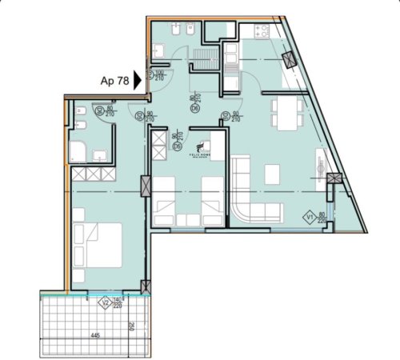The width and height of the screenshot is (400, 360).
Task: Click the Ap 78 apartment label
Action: [x=114, y=80]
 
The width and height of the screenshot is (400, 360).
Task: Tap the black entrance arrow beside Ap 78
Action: [x=138, y=80]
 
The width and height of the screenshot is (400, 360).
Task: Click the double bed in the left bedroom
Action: [x=98, y=242]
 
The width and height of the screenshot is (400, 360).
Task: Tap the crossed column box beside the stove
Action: [x=289, y=61]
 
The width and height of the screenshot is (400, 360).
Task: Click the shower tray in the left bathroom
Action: [x=81, y=153]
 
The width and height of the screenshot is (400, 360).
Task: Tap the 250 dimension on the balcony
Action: [x=130, y=326]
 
